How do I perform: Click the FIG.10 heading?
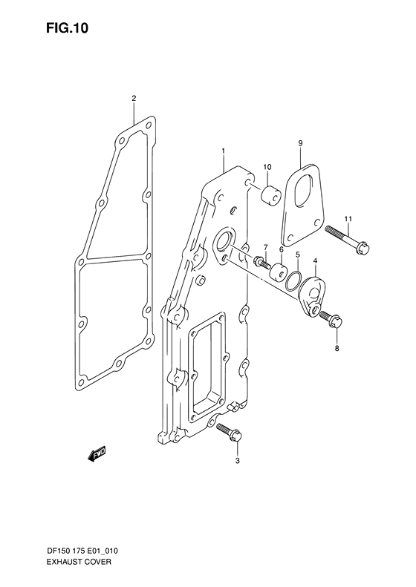coord(67,28)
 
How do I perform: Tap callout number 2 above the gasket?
coord(134,99)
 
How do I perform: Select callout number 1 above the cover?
coord(224,151)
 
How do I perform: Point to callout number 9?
coord(301,142)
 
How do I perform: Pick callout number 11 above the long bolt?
coord(349,218)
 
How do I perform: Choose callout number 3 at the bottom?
coord(237,461)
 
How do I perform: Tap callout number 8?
coord(337,349)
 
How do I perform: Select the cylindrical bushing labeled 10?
coord(270,196)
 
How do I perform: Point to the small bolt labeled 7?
coord(262,262)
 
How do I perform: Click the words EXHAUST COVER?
coord(78,551)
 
